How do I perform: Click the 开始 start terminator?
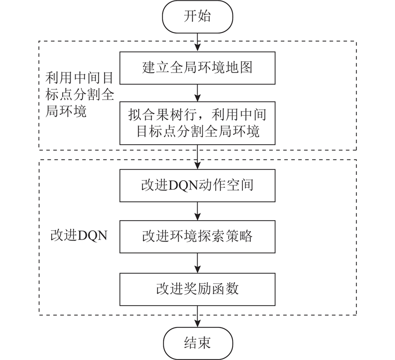pos(197,17)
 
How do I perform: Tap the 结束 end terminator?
pos(198,343)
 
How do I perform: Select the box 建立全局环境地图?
pos(197,68)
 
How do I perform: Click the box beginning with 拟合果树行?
pos(197,123)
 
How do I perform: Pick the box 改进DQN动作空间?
pos(197,185)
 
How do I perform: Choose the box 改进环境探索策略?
pos(197,237)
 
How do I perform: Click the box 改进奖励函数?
pos(197,289)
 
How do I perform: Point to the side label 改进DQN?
pos(79,236)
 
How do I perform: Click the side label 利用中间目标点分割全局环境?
pos(79,95)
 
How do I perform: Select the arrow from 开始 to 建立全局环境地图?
pos(198,42)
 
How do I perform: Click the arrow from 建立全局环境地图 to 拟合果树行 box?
pos(198,93)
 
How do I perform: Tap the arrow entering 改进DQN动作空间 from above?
pos(198,157)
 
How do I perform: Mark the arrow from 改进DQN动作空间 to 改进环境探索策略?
pos(198,211)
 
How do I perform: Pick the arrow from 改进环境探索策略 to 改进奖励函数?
pos(198,263)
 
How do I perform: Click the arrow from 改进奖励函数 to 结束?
pos(198,317)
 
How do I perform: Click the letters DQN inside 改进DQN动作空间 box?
pos(183,186)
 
